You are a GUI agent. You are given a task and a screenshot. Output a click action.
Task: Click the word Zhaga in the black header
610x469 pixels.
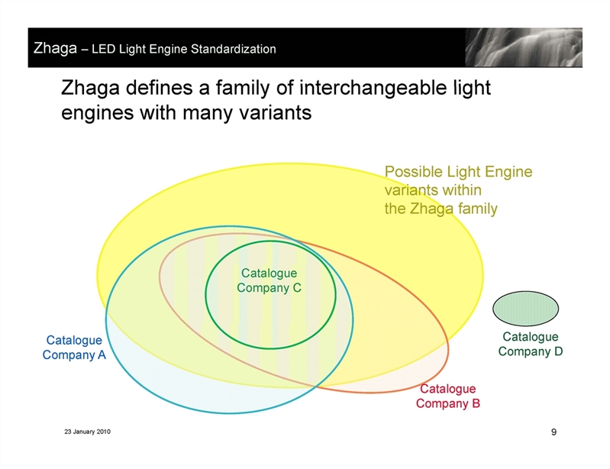coord(55,48)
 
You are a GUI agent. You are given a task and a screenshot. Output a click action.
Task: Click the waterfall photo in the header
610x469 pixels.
coord(524,47)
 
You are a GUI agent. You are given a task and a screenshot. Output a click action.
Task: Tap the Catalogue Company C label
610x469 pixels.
coord(269,280)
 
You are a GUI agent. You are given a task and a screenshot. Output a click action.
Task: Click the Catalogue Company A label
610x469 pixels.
coord(74,348)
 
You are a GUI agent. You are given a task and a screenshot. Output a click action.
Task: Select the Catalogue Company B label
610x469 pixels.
coord(448,396)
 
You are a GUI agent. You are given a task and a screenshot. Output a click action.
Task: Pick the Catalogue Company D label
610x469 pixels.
coord(531,344)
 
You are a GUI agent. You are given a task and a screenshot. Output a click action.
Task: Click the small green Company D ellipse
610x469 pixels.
coord(525,309)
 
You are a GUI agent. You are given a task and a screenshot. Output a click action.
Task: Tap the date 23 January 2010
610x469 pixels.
coord(88,432)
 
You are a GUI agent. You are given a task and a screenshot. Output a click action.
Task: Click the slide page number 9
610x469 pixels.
coord(554,432)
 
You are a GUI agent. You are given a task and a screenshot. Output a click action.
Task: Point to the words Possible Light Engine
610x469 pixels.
coord(458,172)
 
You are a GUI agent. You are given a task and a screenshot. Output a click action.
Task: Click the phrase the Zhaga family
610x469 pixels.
coord(441,209)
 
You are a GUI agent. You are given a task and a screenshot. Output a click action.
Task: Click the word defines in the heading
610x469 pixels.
coord(159,88)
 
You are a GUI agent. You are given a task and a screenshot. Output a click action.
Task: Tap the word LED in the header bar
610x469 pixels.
coord(104,49)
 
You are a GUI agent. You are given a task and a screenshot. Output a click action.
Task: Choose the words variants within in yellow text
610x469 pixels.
coord(433,190)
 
